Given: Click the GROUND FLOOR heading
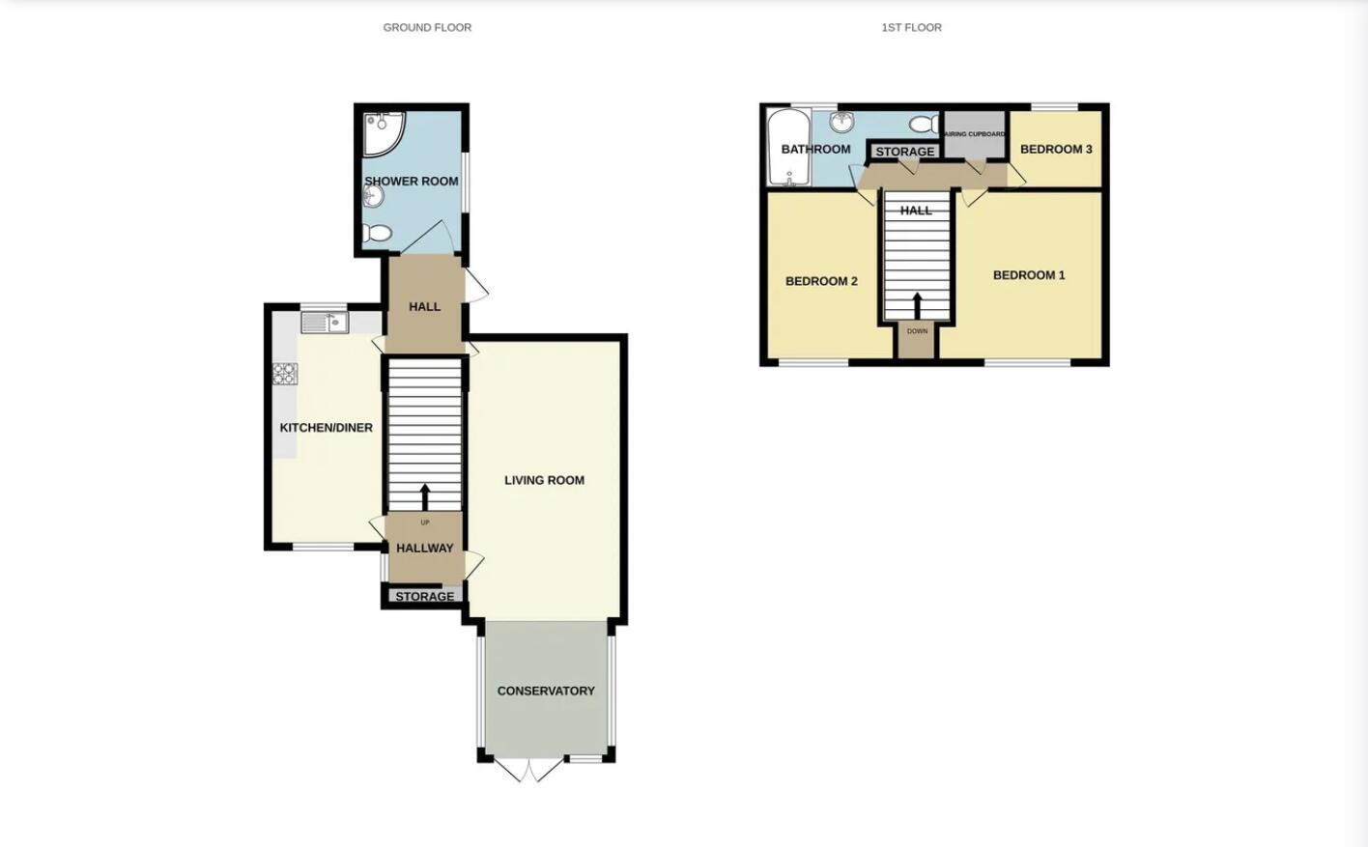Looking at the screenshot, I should tap(427, 28).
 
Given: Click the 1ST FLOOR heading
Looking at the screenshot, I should tap(911, 28).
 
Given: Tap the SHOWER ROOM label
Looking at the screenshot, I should tap(412, 182).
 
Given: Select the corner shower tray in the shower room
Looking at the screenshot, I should tap(383, 133).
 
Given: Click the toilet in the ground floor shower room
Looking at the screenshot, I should tap(377, 233).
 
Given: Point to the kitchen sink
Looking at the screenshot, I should tap(324, 322).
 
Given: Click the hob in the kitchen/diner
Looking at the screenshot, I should tap(285, 374).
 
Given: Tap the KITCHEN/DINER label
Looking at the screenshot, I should tap(326, 428).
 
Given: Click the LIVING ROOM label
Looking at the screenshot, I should tap(544, 480).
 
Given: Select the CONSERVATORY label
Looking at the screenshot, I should tap(546, 691).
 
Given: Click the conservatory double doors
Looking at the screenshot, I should tap(528, 769).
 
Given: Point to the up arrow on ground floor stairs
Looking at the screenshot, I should tap(425, 496).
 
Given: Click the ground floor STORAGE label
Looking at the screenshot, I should tap(424, 597).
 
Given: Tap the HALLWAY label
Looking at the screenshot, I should tap(424, 548).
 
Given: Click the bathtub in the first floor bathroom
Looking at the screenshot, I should tap(789, 148).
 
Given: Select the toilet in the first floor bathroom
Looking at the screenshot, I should tap(923, 124).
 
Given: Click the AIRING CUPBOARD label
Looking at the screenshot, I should tap(974, 134).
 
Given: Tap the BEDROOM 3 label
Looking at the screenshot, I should tap(1056, 149).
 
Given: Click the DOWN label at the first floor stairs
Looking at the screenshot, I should tap(917, 331).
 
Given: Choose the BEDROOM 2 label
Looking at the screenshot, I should tap(821, 281).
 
